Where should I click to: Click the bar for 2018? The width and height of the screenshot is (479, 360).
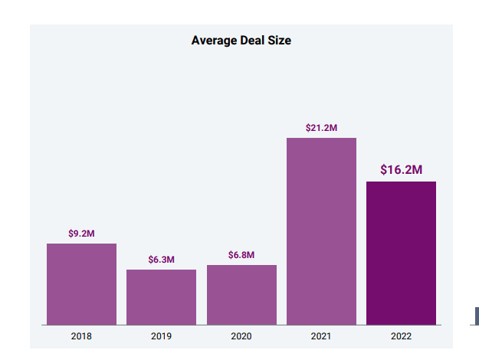[81, 284]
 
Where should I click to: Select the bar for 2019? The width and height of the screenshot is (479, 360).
[161, 297]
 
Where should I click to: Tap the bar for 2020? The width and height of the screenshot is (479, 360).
[241, 295]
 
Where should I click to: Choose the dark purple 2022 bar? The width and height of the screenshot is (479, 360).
[401, 253]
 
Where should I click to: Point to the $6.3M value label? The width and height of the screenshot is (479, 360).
[161, 260]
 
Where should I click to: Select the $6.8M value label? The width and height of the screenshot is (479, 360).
[241, 255]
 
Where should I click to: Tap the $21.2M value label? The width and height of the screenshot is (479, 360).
[321, 128]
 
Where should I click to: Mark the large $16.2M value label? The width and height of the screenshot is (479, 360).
[401, 169]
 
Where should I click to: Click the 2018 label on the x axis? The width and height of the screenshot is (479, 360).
[81, 335]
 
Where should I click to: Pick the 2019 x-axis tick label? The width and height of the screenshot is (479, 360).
[161, 335]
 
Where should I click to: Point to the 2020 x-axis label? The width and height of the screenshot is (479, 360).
[241, 335]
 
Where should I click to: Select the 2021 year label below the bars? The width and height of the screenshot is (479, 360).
[321, 335]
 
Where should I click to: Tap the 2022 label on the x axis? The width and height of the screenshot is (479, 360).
[401, 335]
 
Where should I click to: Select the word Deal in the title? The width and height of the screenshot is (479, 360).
[254, 41]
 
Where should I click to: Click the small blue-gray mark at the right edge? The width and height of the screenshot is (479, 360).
[477, 316]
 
